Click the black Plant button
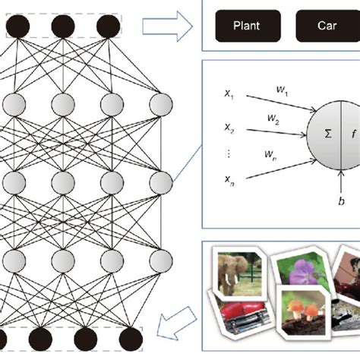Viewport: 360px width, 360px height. coord(247,25)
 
